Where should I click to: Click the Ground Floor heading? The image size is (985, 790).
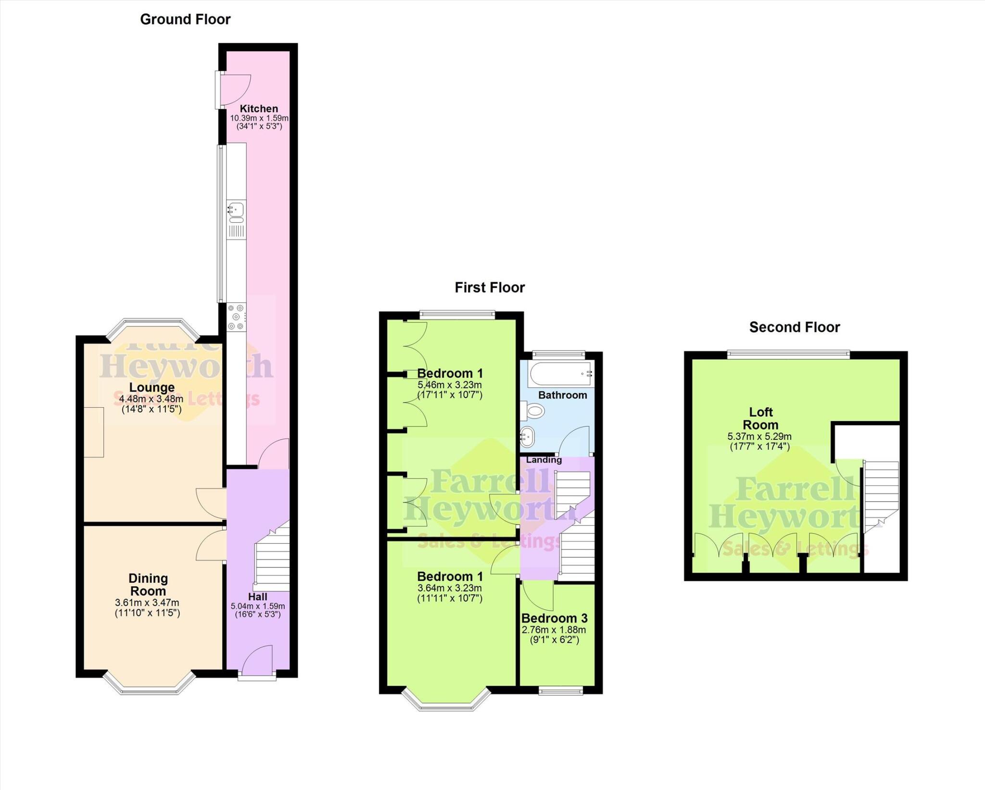185,19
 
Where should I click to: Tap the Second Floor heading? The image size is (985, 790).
794,327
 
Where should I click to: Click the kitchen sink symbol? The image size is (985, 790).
236,210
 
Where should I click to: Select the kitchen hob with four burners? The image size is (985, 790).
236,317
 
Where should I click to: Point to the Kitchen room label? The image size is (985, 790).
259,109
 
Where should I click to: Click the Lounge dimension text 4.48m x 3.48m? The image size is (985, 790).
151,399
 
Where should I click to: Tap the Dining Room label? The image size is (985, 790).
148,584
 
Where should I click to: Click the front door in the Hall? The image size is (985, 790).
258,663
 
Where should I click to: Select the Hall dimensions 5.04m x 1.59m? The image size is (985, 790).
258,606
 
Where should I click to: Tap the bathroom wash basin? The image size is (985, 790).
527,437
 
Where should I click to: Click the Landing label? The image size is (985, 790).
543,460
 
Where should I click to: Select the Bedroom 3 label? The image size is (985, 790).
554,618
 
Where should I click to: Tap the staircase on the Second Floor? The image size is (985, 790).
881,495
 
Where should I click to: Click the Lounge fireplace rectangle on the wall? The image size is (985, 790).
94,432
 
